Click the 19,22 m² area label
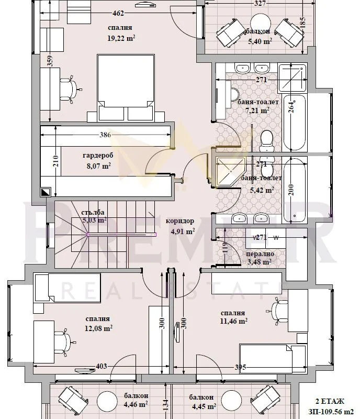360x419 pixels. pyautogui.click(x=121, y=38)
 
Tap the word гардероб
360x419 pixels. pyautogui.click(x=98, y=156)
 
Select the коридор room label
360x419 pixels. pyautogui.click(x=179, y=221)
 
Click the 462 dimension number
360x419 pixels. pyautogui.click(x=118, y=13)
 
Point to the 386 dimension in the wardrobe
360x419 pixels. pyautogui.click(x=105, y=135)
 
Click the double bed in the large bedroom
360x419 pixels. pyautogui.click(x=126, y=87)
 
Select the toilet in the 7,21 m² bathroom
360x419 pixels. pyautogui.click(x=266, y=141)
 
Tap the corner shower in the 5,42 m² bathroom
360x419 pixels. pyautogui.click(x=230, y=171)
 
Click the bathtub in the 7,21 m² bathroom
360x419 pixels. pyautogui.click(x=294, y=123)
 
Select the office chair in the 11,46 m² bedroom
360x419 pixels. pyautogui.click(x=278, y=311)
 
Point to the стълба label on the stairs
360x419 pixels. pyautogui.click(x=93, y=213)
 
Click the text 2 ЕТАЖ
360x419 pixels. pyautogui.click(x=330, y=401)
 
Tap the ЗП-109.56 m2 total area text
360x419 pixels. pyautogui.click(x=331, y=412)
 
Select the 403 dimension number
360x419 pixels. pyautogui.click(x=101, y=366)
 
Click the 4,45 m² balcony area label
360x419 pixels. pyautogui.click(x=204, y=407)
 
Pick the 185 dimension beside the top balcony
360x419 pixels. pyautogui.click(x=302, y=23)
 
